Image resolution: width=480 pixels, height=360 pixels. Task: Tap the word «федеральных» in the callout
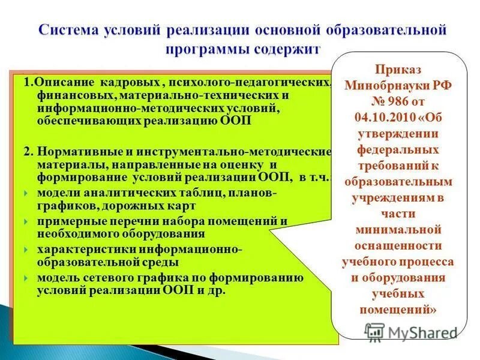(x=398, y=149)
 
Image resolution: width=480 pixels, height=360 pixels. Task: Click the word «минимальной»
(x=398, y=229)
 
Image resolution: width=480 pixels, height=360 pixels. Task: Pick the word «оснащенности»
(x=398, y=245)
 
